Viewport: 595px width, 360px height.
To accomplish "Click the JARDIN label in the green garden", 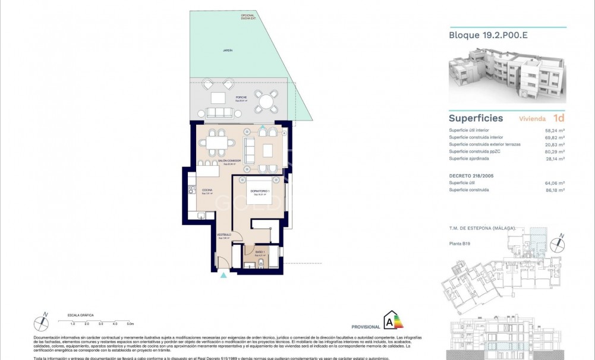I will point(228,50).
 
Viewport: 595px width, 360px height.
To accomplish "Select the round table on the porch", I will point(266,101).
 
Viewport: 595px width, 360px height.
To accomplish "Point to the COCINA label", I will point(207,191).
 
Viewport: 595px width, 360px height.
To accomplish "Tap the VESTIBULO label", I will point(224,235).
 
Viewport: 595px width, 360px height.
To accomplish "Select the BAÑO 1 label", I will point(259,252).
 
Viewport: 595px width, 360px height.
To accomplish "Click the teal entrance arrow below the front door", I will point(223,275).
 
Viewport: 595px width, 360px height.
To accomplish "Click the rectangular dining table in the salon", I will point(216,143).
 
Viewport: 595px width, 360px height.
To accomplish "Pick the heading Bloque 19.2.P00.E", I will point(488,35).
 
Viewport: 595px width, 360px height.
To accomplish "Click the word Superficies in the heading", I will point(476,118).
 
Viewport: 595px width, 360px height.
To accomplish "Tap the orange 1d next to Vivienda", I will point(558,118).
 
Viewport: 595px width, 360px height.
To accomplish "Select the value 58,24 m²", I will point(555,130).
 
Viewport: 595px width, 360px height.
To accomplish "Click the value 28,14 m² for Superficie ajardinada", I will point(555,159).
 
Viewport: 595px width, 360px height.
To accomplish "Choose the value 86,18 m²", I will point(555,190).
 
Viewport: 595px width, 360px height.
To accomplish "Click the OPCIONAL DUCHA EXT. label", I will point(248,17).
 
